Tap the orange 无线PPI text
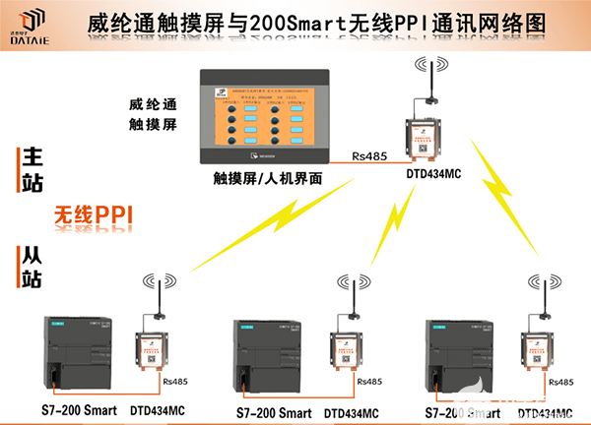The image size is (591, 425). click(x=93, y=213)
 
